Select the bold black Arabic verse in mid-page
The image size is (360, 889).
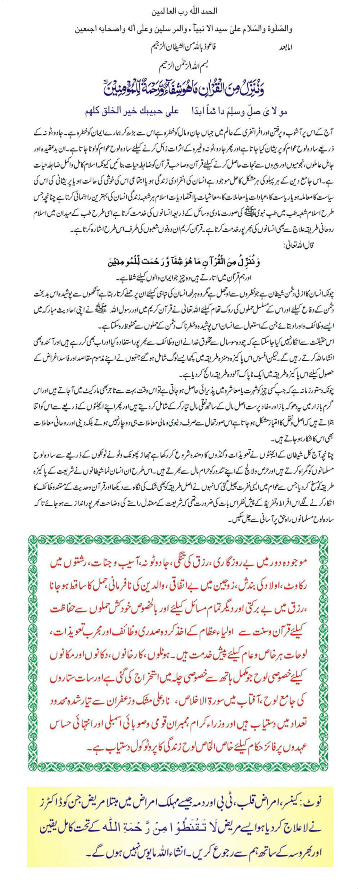pyautogui.click(x=184, y=262)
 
